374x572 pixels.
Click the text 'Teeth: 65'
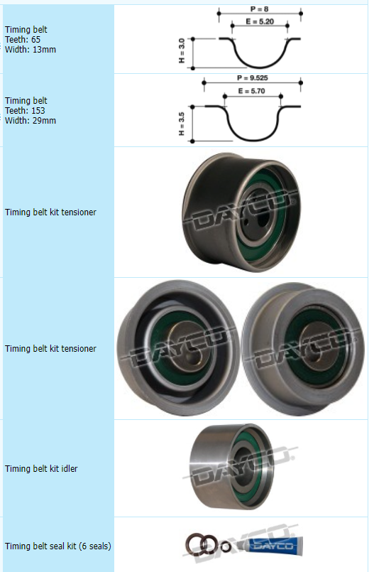(23, 39)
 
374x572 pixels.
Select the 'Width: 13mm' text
(31, 49)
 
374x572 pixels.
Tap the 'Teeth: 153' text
(25, 111)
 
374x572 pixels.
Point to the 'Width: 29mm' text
(31, 120)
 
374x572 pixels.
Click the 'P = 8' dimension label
(259, 9)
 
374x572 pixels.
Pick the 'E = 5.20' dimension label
(260, 21)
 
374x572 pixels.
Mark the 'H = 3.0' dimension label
(182, 50)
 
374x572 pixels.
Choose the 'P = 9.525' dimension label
(253, 77)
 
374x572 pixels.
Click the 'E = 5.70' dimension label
(252, 91)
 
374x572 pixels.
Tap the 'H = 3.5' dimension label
(182, 124)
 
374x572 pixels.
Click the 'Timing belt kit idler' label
(41, 468)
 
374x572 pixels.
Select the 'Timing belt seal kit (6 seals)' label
(58, 546)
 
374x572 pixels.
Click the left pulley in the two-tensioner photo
(178, 348)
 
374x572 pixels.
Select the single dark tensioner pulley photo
(241, 212)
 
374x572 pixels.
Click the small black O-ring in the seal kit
(226, 546)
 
